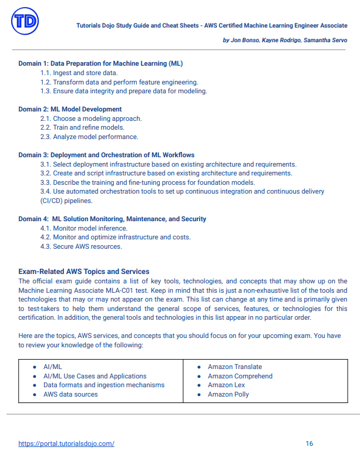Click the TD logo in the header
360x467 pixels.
tap(25, 22)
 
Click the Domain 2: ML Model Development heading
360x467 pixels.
tap(70, 109)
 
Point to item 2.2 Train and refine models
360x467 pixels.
tap(82, 127)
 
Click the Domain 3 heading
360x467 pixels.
tap(106, 155)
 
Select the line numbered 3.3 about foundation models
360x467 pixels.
tap(147, 182)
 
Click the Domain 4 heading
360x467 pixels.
tap(112, 219)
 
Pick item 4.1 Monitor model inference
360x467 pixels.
tap(84, 228)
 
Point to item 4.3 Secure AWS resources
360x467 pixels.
tap(81, 246)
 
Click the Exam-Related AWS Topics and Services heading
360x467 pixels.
tap(84, 272)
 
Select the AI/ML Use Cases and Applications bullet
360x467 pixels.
tap(95, 376)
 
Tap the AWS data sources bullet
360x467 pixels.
tap(70, 394)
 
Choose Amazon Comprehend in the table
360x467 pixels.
tap(240, 376)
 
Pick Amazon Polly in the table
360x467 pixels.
tap(228, 394)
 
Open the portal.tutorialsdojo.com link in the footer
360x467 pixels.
tap(66, 444)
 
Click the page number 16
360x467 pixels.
tap(309, 444)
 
